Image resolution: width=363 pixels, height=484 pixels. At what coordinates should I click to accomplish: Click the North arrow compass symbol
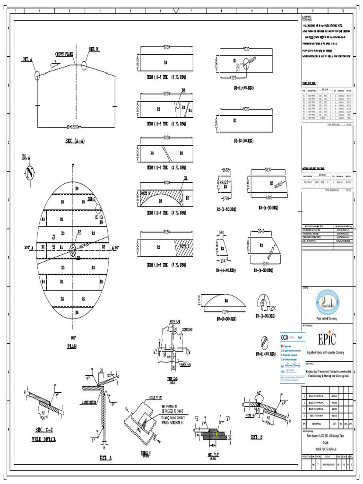click(x=30, y=173)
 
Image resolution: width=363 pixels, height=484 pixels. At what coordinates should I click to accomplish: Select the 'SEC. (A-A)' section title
click(x=76, y=141)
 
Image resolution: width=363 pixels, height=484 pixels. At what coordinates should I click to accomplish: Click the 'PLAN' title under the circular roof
click(x=72, y=346)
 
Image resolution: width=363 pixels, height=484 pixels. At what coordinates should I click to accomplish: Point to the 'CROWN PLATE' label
click(x=64, y=54)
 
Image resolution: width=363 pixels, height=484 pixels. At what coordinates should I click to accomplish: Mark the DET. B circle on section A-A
click(x=85, y=65)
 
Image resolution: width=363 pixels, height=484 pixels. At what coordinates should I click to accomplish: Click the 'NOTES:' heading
click(x=307, y=18)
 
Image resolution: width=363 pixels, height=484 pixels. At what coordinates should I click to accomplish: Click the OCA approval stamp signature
click(x=290, y=365)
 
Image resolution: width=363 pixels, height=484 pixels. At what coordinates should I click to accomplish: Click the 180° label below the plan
click(x=73, y=338)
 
